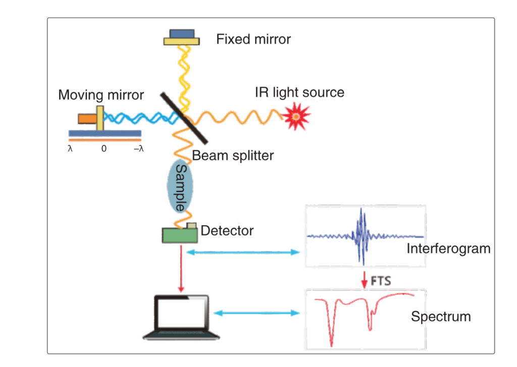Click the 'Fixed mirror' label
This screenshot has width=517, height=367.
(x=253, y=39)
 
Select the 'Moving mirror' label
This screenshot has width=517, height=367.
(x=101, y=94)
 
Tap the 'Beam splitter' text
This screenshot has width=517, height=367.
(x=233, y=155)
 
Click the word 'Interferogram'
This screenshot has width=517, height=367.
(x=448, y=248)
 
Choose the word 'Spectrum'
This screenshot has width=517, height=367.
(x=440, y=317)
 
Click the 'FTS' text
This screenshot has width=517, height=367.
(x=381, y=281)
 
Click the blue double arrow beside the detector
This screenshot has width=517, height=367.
(x=243, y=252)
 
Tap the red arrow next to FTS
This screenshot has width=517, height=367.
(x=364, y=280)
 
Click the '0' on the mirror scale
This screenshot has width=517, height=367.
(x=104, y=149)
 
